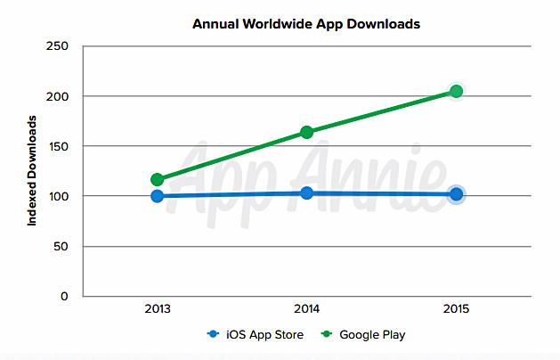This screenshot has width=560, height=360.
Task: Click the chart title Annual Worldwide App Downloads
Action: pyautogui.click(x=305, y=24)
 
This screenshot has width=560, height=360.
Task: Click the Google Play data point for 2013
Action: pyautogui.click(x=158, y=179)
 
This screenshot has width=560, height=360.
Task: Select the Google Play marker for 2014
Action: pyautogui.click(x=307, y=132)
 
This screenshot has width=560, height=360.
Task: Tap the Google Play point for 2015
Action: pyautogui.click(x=456, y=92)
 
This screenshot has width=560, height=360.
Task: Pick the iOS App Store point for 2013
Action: pyautogui.click(x=158, y=196)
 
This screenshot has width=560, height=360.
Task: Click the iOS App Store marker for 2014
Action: pyautogui.click(x=307, y=192)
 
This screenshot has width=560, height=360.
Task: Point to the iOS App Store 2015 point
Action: pyautogui.click(x=456, y=194)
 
